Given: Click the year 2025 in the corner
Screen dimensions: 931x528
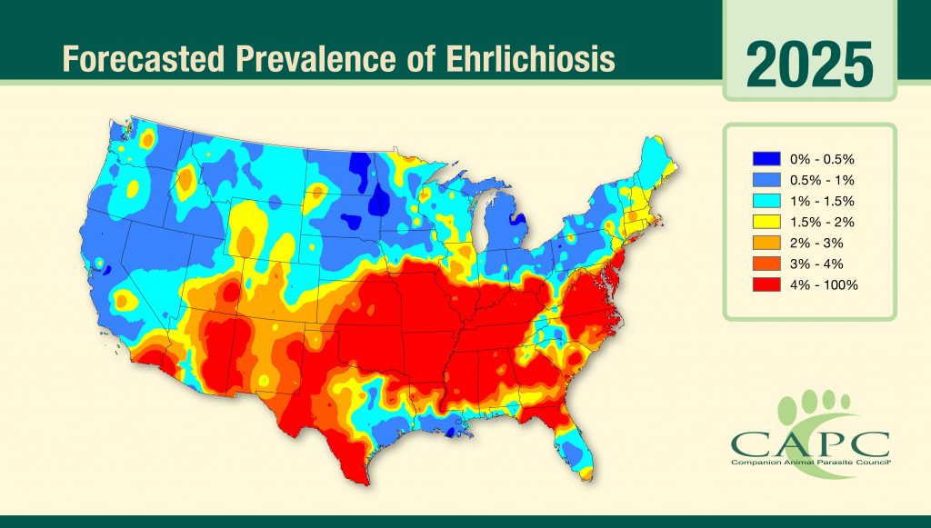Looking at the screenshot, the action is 810,64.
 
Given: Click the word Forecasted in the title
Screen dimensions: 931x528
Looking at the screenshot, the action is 144,59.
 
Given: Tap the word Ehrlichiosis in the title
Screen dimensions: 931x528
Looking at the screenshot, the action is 529,59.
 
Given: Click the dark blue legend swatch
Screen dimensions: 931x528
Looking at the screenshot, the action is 766,158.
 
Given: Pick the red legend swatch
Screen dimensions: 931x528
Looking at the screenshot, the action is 766,284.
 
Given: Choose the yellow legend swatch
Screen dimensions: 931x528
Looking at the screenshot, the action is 766,222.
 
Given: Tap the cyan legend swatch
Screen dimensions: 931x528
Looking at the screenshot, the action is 766,201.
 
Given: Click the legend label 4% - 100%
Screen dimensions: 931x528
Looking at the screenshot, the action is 824,284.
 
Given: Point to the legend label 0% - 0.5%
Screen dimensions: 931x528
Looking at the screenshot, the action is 822,158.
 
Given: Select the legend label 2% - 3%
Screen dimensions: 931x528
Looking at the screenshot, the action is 816,243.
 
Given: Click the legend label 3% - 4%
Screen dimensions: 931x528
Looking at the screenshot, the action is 816,264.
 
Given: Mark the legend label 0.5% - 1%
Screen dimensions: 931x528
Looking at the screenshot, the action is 822,180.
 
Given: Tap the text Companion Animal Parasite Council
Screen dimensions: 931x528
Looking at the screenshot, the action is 811,462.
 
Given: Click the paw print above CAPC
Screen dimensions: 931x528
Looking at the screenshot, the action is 816,406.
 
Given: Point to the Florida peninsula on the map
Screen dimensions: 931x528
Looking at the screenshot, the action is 573,445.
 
